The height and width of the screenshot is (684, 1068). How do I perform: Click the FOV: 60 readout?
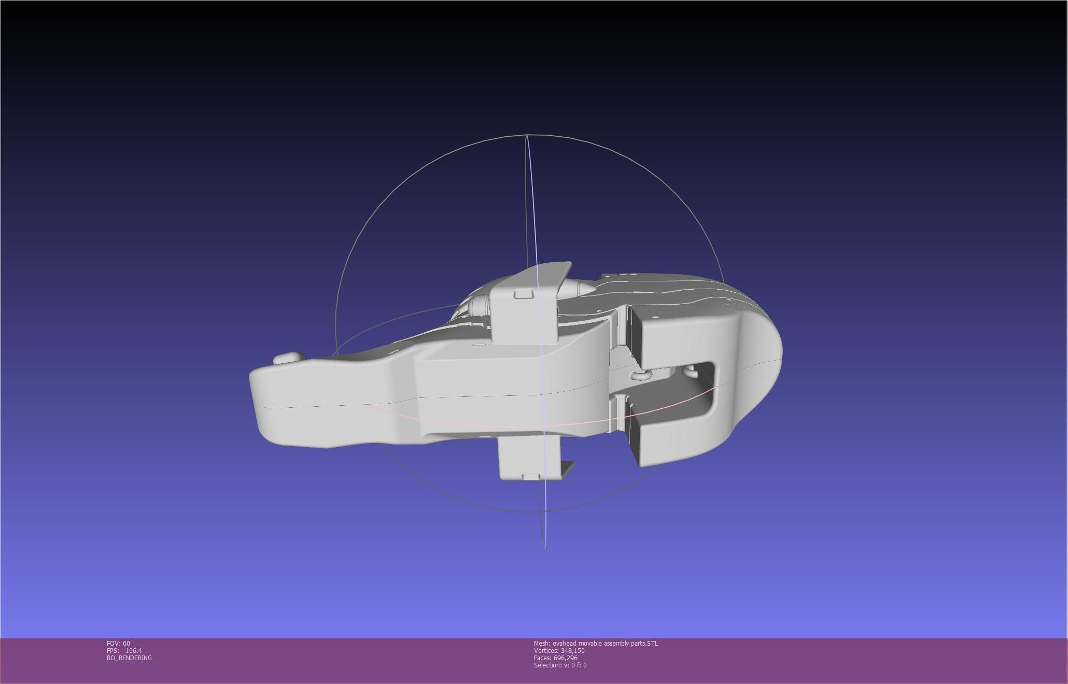pyautogui.click(x=118, y=643)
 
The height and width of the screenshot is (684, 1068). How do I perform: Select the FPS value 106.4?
pyautogui.click(x=133, y=650)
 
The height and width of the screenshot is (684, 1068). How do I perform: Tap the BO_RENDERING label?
pyautogui.click(x=129, y=658)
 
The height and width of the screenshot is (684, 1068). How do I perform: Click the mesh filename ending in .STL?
pyautogui.click(x=605, y=643)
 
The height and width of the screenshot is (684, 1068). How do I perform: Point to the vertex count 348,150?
pyautogui.click(x=572, y=650)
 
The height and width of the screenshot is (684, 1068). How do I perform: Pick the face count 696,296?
pyautogui.click(x=565, y=658)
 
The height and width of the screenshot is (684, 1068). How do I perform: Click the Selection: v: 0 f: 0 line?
pyautogui.click(x=560, y=665)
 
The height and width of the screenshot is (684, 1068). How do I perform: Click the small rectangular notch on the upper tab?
pyautogui.click(x=524, y=294)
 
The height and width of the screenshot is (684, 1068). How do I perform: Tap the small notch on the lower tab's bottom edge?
pyautogui.click(x=530, y=476)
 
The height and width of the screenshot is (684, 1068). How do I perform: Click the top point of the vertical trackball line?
pyautogui.click(x=527, y=135)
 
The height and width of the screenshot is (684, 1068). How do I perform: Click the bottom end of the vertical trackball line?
pyautogui.click(x=544, y=547)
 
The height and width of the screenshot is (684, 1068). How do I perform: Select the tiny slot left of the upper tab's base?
pyautogui.click(x=479, y=345)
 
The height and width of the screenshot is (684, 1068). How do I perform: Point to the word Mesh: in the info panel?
pyautogui.click(x=542, y=643)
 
